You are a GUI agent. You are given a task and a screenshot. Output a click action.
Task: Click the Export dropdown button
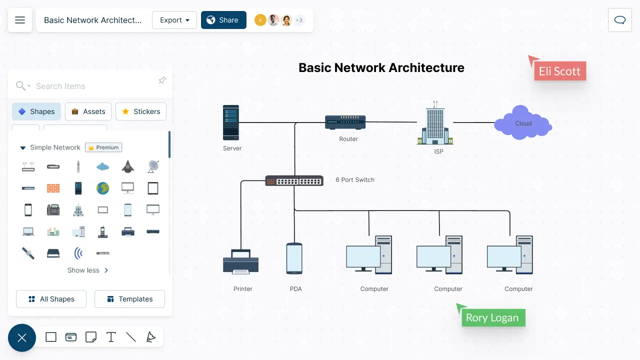tap(174, 20)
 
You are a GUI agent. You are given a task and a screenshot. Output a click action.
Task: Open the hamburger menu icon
tap(20, 20)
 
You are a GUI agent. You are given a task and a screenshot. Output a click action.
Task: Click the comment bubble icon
tap(619, 20)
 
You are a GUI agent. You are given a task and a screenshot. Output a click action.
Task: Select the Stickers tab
tap(141, 111)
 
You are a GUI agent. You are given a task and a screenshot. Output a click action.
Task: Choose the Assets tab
tap(88, 111)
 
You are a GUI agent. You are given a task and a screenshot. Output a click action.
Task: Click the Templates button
tap(129, 299)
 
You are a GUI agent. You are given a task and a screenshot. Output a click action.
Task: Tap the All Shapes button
tap(51, 299)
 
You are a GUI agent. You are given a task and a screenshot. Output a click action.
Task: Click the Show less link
tap(87, 270)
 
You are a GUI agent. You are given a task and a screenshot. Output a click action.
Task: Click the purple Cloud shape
tap(523, 122)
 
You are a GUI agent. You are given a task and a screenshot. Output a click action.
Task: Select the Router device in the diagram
tap(345, 122)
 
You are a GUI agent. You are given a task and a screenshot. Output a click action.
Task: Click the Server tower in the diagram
tap(231, 122)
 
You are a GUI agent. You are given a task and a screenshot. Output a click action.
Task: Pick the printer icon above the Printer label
tap(240, 261)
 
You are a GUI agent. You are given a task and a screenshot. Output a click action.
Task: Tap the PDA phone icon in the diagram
tap(294, 258)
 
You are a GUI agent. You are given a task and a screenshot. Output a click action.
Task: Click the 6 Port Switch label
tap(355, 179)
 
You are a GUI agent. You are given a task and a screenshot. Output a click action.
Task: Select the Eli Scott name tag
tap(560, 71)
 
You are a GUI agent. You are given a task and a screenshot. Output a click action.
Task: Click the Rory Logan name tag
tap(493, 317)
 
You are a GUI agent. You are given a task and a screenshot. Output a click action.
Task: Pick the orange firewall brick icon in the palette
tap(53, 188)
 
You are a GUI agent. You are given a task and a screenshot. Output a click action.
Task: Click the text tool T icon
tap(111, 337)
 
